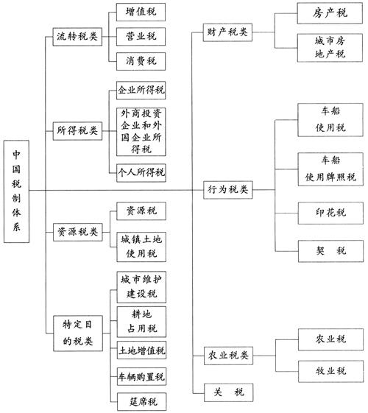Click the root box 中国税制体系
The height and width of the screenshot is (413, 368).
tap(16, 191)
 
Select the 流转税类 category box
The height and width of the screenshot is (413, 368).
tap(77, 37)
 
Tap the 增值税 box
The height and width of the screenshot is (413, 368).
tap(141, 12)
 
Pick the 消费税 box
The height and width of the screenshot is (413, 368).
tap(141, 61)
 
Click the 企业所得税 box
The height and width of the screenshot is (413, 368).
tap(141, 91)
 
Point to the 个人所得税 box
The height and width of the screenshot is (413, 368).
tap(141, 173)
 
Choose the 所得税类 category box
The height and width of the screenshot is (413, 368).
tap(77, 131)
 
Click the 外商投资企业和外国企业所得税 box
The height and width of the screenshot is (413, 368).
tap(141, 132)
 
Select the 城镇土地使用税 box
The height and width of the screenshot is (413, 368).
tap(141, 247)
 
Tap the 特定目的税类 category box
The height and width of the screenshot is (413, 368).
tap(78, 333)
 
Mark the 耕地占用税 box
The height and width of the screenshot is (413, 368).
tap(141, 322)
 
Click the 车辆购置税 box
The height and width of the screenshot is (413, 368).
tap(141, 377)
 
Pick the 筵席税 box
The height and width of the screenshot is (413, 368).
tap(141, 402)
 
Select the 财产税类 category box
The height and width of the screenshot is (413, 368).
tap(227, 32)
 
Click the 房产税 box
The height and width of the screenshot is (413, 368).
tap(330, 13)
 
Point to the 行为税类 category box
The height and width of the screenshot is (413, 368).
tap(228, 190)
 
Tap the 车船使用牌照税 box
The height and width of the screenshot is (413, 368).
tap(330, 169)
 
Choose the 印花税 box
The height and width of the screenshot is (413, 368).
tap(330, 213)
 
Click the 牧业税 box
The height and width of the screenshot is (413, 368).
tap(331, 371)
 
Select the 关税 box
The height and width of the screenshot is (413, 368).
tap(228, 392)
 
